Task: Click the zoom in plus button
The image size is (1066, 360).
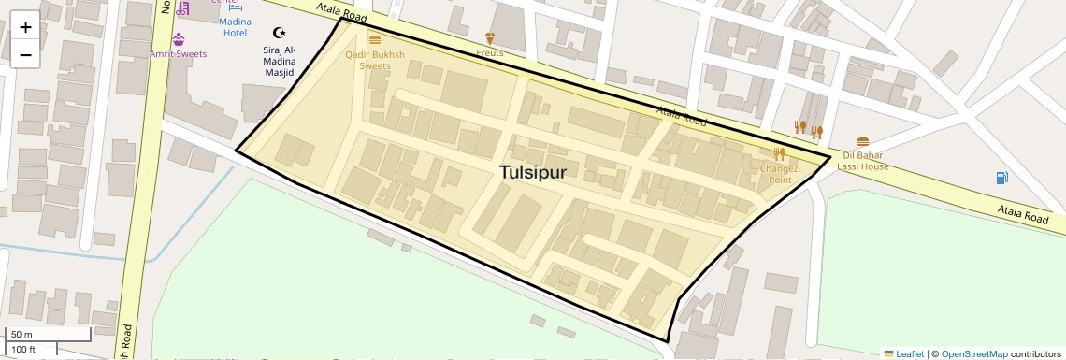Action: [25, 27]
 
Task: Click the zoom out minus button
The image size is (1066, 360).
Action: [25, 54]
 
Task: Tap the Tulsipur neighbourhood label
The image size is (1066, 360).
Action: [532, 172]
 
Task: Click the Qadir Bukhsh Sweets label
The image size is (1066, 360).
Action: [374, 61]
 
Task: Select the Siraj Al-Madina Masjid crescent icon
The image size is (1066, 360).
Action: [278, 32]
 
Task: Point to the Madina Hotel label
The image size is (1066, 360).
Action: [234, 27]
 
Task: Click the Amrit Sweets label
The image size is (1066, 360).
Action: [179, 54]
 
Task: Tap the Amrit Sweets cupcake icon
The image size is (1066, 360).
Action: [179, 39]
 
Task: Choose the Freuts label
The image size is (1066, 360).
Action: [488, 53]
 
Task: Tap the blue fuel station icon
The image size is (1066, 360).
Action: [1001, 177]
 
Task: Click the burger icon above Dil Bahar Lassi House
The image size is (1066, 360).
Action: [862, 142]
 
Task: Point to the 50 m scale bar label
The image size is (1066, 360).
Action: [22, 334]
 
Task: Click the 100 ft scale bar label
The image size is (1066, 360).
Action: [23, 350]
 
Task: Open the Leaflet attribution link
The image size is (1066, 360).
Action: [904, 353]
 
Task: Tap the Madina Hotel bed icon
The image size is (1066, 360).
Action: [234, 7]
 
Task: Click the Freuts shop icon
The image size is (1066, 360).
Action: [488, 38]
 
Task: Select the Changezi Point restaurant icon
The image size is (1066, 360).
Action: [779, 154]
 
